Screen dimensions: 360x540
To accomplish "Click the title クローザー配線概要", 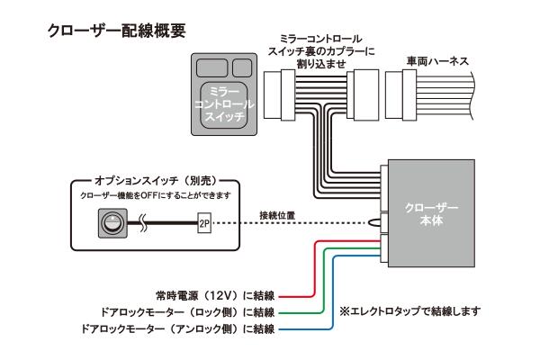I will click(x=117, y=31).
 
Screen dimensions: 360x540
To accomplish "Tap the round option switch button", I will click(x=111, y=221).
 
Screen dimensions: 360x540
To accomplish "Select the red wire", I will click(x=310, y=270).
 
